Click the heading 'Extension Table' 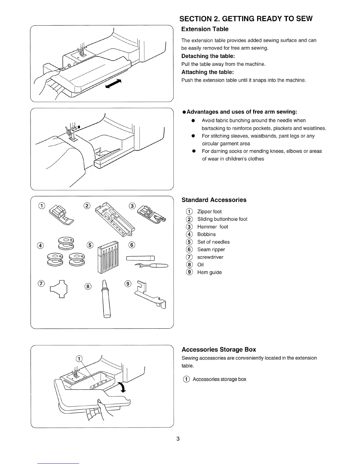click(x=205, y=29)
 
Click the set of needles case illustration click(x=108, y=256)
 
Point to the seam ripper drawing click(x=147, y=262)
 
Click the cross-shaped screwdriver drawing click(x=59, y=290)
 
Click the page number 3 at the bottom click(x=178, y=439)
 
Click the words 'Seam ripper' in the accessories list click(x=211, y=249)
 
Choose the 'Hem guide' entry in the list click(x=209, y=272)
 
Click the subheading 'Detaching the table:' click(x=208, y=56)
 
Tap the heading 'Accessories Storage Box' click(x=219, y=349)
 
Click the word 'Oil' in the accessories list click(x=200, y=265)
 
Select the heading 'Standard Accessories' click(x=214, y=200)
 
